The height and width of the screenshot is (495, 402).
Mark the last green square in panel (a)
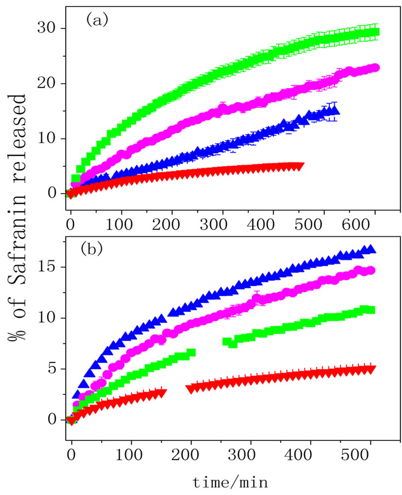point(375,32)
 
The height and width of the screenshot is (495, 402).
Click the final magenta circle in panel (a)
point(376,68)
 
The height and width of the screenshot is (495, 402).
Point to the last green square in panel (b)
point(371,310)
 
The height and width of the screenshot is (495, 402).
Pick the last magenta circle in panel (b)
point(371,270)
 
